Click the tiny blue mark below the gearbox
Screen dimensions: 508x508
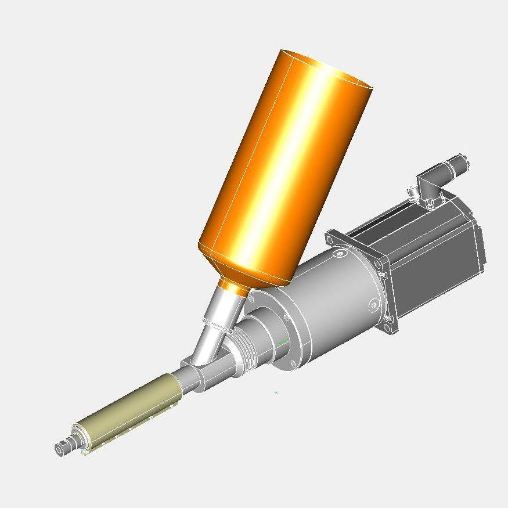coord(276,393)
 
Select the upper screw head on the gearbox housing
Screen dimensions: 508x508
coord(339,254)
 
